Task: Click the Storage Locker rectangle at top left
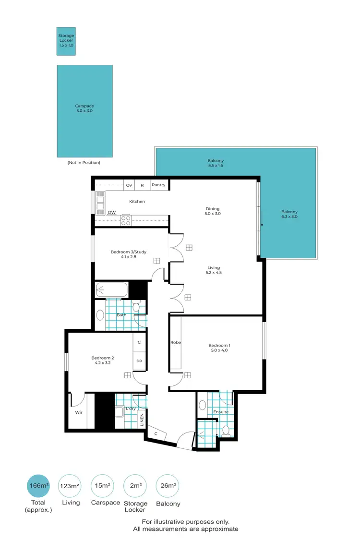(66, 40)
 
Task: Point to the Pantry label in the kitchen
(158, 185)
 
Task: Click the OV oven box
(129, 185)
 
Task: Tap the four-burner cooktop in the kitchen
(126, 220)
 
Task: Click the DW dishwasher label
(111, 212)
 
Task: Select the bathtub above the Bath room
(112, 290)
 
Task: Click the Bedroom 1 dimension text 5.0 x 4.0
(219, 350)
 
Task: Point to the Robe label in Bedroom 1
(175, 343)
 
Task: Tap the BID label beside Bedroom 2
(139, 360)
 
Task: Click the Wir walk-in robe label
(78, 412)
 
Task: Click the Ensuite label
(221, 412)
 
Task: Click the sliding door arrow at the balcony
(262, 220)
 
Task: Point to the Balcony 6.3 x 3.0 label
(289, 215)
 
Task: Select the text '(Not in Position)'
(84, 163)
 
